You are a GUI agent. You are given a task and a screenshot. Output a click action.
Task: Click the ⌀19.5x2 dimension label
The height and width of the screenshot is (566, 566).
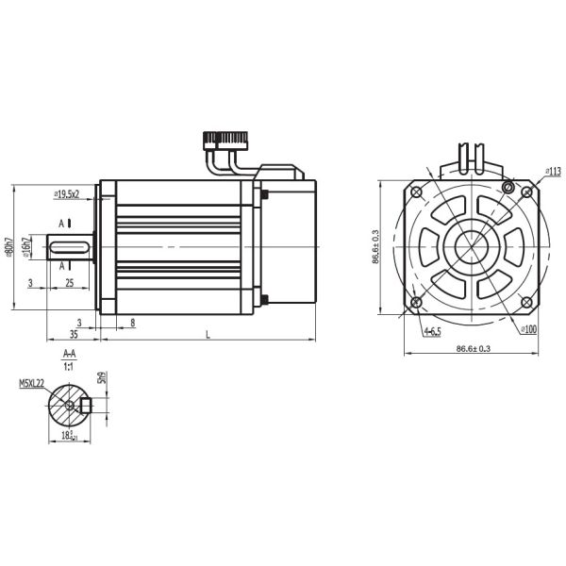point(67,193)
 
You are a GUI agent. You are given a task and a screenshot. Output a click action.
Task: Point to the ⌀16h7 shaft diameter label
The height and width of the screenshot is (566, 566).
point(27,246)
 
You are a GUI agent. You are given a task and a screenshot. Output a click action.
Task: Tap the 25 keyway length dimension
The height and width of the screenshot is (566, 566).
point(70,283)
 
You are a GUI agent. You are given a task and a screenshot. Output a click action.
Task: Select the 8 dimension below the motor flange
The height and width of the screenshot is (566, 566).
point(131,323)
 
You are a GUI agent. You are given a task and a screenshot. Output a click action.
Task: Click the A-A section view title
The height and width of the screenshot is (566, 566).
point(69,354)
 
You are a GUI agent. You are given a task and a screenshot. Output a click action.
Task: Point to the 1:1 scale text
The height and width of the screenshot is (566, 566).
point(69,365)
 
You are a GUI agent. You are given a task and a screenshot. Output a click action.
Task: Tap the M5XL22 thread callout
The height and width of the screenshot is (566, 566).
point(32,384)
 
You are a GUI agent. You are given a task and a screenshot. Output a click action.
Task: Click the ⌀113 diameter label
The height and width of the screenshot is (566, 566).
point(552,172)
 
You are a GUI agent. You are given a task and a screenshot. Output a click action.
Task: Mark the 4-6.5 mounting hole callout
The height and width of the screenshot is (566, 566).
point(433,331)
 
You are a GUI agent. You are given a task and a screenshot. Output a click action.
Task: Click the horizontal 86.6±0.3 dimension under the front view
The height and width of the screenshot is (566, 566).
point(473,349)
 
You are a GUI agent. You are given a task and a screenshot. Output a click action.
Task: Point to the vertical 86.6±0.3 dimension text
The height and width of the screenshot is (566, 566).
point(375,247)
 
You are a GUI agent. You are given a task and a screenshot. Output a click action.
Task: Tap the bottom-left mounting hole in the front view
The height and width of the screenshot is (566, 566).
point(416,302)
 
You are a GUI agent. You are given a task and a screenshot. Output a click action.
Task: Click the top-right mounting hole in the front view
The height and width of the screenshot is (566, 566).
point(509,191)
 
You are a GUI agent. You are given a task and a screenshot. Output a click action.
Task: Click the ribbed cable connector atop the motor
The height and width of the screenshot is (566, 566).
point(224,140)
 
